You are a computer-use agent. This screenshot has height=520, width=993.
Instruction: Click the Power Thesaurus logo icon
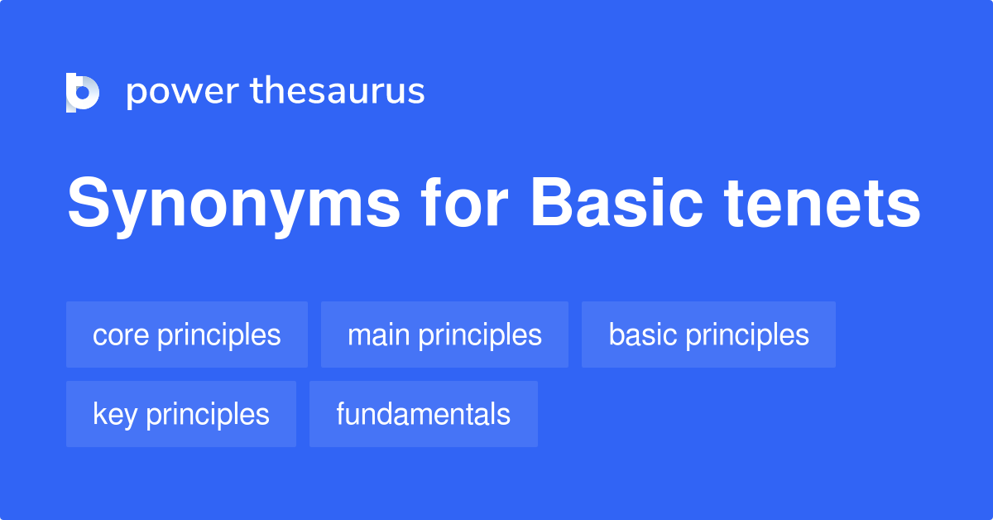[x=83, y=92]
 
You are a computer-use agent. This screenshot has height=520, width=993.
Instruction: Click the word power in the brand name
[x=181, y=92]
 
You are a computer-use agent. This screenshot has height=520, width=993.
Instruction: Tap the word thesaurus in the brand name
[x=338, y=91]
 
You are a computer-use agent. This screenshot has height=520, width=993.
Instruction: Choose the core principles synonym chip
[x=187, y=335]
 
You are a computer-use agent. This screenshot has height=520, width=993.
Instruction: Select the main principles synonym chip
[x=444, y=335]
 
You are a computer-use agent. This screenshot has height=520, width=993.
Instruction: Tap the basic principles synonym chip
[x=708, y=335]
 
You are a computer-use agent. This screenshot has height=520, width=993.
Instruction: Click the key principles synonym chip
[x=181, y=414]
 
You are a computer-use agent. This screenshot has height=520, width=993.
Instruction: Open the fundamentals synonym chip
[x=423, y=414]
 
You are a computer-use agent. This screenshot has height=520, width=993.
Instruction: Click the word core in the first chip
[x=121, y=335]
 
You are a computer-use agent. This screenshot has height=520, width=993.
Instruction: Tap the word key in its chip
[x=115, y=415]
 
